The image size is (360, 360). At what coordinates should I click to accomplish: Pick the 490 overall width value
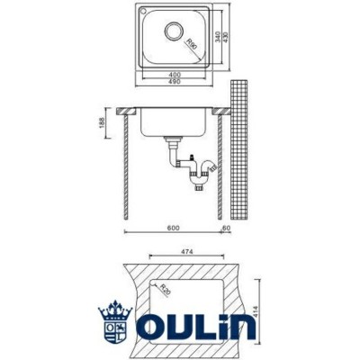175,80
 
